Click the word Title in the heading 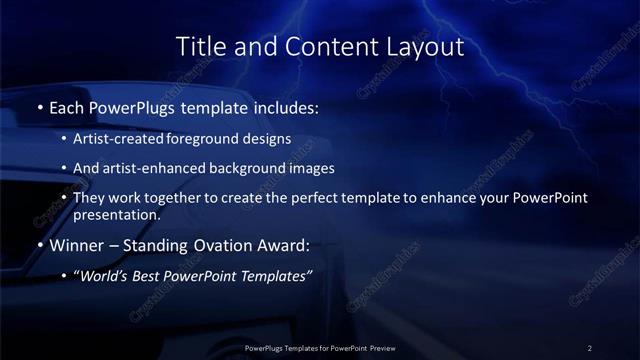click(198, 46)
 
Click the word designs click(268, 139)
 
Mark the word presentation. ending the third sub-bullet click(117, 214)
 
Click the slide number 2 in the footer click(589, 347)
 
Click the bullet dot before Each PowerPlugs click(39, 106)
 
